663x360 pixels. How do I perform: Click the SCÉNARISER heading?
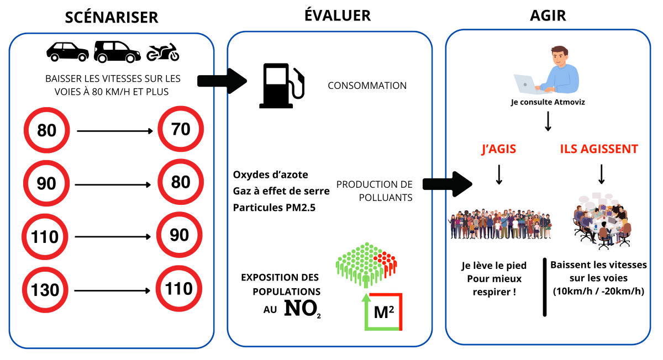(x=112, y=17)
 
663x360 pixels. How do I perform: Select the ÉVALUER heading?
(x=338, y=15)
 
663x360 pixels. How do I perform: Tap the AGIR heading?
(x=548, y=15)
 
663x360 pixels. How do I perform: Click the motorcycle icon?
(x=163, y=52)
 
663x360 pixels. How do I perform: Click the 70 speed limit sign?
(x=181, y=130)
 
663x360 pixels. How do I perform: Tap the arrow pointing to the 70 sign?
(x=115, y=131)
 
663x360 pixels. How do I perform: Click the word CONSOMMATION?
(x=367, y=86)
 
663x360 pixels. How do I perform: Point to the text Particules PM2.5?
(x=270, y=208)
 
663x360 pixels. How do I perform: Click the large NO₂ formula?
(x=302, y=309)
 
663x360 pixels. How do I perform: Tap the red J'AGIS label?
(x=499, y=149)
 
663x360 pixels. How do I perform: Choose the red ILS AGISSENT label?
(x=599, y=149)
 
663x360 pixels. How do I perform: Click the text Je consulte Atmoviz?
(x=547, y=102)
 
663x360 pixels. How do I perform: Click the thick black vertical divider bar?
(x=544, y=287)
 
